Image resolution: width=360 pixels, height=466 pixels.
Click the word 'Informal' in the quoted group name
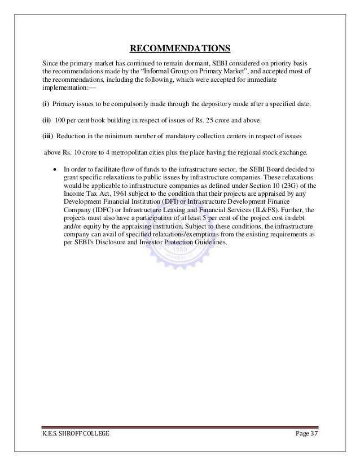coord(163,73)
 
